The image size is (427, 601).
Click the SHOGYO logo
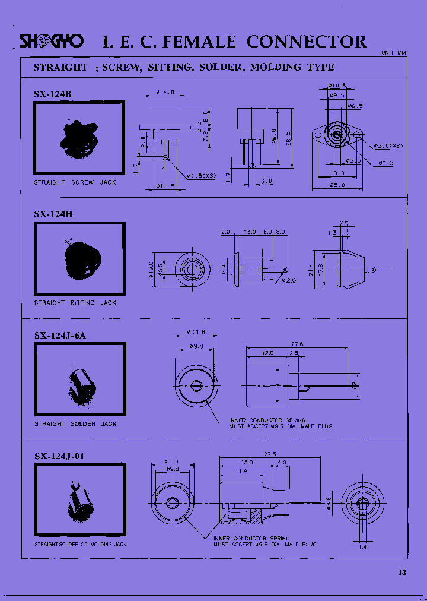52,41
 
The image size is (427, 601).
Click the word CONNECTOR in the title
306,42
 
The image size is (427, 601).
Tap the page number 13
402,572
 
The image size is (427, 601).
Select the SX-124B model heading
53,94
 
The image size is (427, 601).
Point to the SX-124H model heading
53,214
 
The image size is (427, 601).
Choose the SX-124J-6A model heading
60,335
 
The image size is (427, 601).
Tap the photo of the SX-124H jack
80,260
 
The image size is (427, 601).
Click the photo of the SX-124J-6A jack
80,381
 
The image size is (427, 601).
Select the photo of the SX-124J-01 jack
80,501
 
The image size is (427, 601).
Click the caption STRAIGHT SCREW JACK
75,182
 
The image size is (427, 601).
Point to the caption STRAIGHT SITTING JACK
75,303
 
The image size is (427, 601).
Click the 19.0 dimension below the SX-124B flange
338,173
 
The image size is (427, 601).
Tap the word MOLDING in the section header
276,67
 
